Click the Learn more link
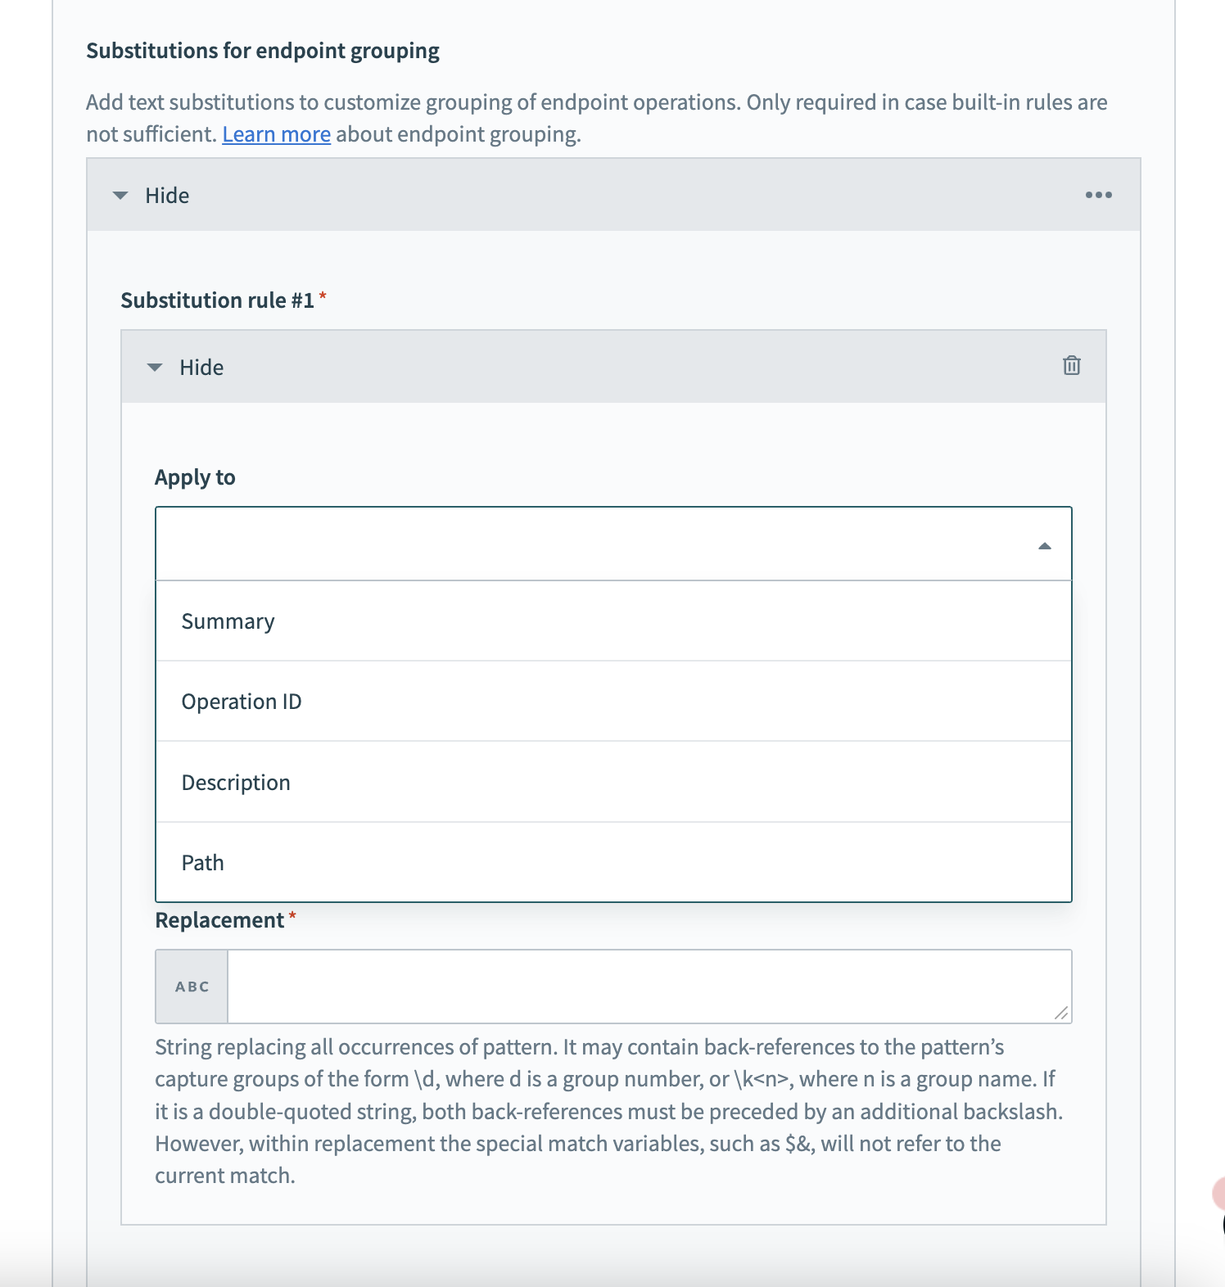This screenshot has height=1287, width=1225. click(276, 134)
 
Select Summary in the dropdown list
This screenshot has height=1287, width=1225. click(228, 621)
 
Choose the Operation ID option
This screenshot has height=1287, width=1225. click(242, 702)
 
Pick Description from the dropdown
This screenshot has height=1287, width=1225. click(236, 783)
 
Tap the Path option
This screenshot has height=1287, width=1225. click(202, 863)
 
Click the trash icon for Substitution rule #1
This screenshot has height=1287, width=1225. click(1071, 365)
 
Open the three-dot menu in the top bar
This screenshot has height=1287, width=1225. click(1098, 195)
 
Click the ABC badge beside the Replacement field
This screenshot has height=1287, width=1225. click(192, 987)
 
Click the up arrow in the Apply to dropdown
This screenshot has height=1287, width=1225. click(1044, 546)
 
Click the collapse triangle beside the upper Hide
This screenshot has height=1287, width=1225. click(120, 196)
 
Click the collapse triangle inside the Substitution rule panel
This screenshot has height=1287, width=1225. click(155, 368)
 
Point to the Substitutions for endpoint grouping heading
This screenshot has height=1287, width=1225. click(263, 51)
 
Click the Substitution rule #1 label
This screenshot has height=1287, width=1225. click(217, 300)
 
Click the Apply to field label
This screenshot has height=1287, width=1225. click(195, 477)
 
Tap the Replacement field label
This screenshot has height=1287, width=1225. click(219, 920)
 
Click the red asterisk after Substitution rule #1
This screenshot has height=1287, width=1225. click(323, 296)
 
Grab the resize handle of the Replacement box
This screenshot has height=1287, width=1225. click(1061, 1013)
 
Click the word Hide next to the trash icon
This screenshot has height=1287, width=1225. click(201, 368)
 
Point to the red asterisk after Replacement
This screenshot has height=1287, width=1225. click(292, 915)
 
